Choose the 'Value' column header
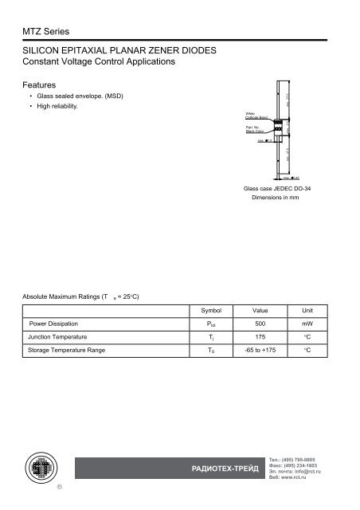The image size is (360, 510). point(260,310)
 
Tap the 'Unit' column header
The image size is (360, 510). point(307,310)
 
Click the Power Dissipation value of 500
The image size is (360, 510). point(260,324)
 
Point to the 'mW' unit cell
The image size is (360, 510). point(307,324)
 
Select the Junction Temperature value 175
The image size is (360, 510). point(260,337)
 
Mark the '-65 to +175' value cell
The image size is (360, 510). point(260,350)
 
